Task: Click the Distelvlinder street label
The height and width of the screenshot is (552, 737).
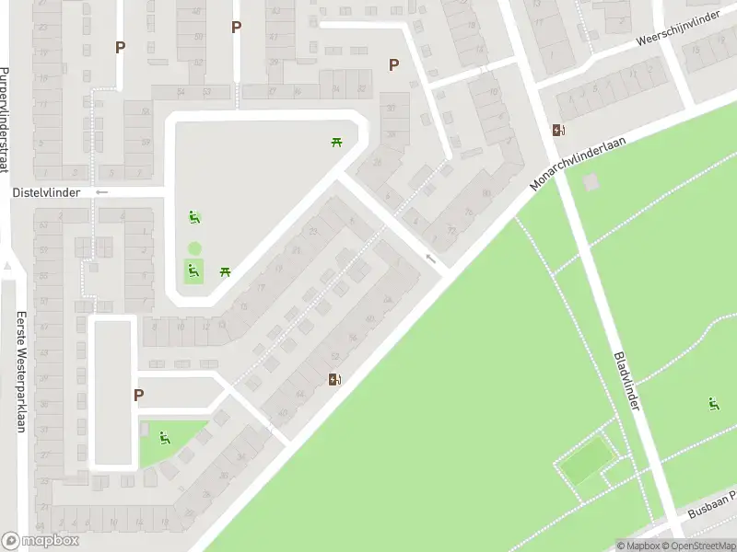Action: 46,192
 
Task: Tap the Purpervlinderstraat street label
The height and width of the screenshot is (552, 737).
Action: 5,120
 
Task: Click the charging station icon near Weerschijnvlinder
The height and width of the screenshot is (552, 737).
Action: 558,130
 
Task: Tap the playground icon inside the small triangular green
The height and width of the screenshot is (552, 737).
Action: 165,438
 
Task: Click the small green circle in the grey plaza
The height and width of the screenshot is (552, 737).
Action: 194,248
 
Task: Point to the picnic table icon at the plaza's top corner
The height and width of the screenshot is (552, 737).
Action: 336,142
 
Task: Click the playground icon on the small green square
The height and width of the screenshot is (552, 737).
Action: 193,270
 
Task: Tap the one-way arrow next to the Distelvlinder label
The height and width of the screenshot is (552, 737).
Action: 101,192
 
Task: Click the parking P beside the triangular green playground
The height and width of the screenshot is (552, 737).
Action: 138,395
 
